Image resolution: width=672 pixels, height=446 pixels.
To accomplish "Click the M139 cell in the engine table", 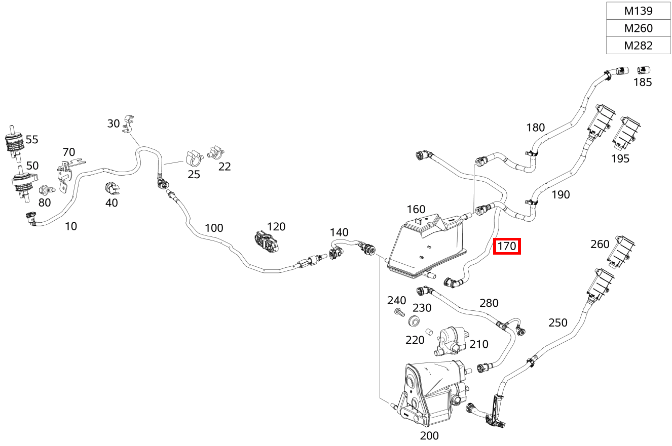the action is (x=638, y=11).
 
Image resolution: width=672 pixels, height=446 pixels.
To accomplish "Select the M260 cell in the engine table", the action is (x=638, y=28).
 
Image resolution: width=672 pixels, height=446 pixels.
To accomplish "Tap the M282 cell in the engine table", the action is (x=638, y=46).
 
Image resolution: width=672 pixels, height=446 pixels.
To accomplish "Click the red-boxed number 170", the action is (x=507, y=246).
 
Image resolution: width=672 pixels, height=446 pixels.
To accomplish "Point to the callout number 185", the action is (x=642, y=82).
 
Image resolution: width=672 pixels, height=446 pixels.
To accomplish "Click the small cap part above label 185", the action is (x=643, y=70).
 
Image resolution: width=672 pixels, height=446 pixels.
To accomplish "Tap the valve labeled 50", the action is (x=23, y=183).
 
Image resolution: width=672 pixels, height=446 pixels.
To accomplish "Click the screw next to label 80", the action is (x=47, y=190).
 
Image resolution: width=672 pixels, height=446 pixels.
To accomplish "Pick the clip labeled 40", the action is (x=112, y=188).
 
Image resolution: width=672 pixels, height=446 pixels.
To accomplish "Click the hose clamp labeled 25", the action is (x=194, y=158).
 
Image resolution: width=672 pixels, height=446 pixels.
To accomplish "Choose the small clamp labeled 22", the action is (x=216, y=152).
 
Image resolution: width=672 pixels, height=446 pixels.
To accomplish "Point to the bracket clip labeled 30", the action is (x=129, y=124).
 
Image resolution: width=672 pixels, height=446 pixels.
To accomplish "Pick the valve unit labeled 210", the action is (x=452, y=341).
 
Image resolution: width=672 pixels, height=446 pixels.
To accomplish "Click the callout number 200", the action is (x=429, y=435).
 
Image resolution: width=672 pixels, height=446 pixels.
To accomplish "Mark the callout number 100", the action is (x=214, y=228).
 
